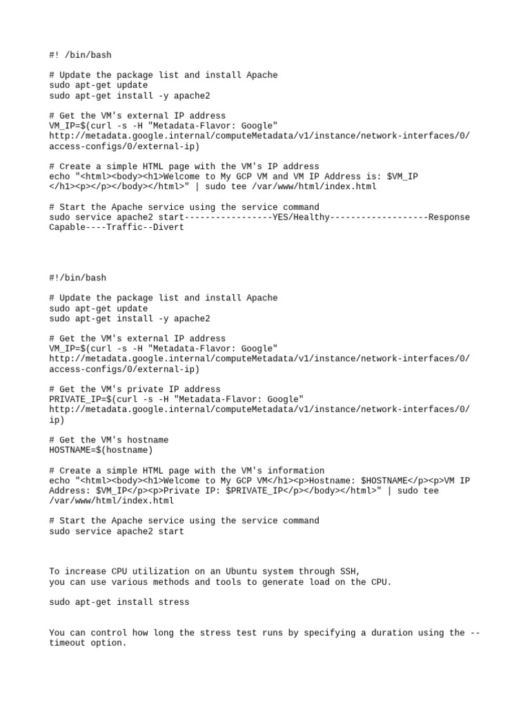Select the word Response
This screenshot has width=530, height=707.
449,217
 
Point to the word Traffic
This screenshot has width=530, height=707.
121,227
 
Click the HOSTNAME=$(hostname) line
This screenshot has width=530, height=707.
101,450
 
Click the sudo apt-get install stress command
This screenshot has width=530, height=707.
119,602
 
